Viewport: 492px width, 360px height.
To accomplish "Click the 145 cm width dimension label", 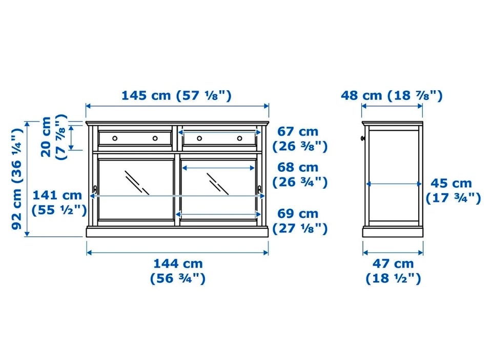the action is pos(176,95).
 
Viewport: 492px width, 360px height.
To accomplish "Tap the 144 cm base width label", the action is pos(178,271).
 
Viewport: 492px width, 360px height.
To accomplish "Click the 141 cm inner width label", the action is pos(59,203).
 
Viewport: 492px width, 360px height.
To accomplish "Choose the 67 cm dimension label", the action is pos(300,139).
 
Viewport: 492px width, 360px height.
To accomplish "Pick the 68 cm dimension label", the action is pos(300,174).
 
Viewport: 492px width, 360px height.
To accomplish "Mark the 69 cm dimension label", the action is pos(300,221).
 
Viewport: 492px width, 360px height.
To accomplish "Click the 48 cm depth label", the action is pos(392,95).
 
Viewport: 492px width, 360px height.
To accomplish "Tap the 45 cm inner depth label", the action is pos(453,191).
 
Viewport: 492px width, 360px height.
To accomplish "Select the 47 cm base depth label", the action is pos(393,271).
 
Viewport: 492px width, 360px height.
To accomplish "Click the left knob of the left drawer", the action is pos(115,138).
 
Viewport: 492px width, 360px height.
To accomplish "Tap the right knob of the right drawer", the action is pos(240,138).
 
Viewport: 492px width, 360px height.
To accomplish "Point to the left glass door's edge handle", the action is pos(95,190).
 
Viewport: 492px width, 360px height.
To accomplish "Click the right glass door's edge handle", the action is pos(259,190).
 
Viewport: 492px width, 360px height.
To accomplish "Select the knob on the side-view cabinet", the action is pos(363,138).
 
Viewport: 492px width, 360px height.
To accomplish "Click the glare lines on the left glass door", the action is pos(137,183).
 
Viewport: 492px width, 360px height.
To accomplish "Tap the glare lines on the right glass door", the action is pos(218,184).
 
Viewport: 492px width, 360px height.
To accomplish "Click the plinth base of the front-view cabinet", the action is pos(177,231).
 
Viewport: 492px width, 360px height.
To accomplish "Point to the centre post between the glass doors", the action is pos(177,190).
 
